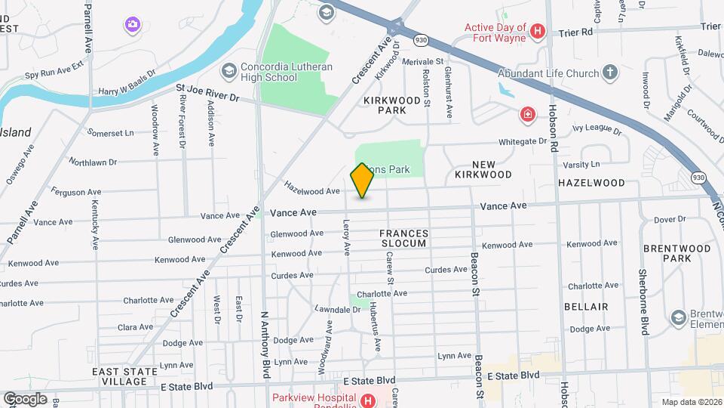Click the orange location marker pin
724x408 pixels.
coord(362,180)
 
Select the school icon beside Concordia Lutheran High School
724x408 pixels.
coord(229,71)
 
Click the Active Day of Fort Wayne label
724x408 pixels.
coord(494,32)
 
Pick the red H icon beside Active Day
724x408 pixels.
coord(538,32)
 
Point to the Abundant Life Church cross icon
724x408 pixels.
coord(610,73)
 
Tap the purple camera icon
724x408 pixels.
coord(133,25)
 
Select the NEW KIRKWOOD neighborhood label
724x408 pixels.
coord(483,169)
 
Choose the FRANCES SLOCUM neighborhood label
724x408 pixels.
coord(403,239)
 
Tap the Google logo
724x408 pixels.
coord(25,398)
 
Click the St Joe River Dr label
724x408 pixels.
coord(207,97)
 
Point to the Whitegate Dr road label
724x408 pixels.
coord(522,141)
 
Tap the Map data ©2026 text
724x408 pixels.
coord(691,402)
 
